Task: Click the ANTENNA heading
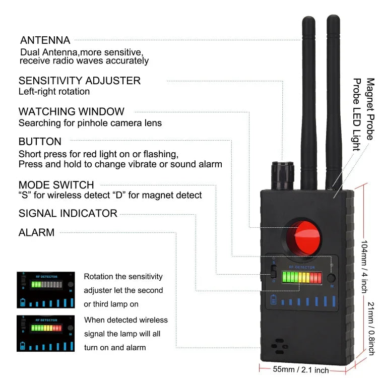tap(45, 40)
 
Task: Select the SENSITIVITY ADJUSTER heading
tap(80, 81)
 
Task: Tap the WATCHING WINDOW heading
tap(71, 111)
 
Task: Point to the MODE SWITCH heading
tap(56, 185)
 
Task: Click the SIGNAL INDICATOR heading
tap(68, 213)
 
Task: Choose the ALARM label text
tap(36, 232)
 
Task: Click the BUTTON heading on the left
tap(40, 142)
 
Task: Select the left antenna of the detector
tap(308, 101)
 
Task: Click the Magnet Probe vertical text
tap(370, 109)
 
